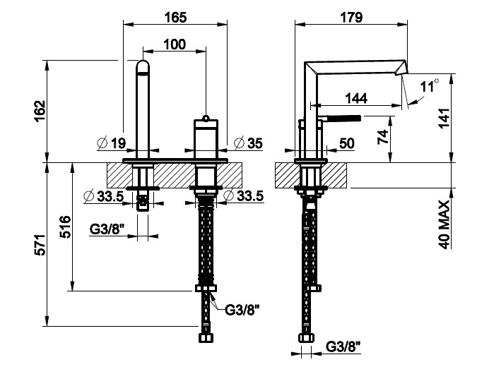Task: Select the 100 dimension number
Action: tap(174, 44)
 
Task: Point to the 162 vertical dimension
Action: tap(40, 112)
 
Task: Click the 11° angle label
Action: tap(429, 86)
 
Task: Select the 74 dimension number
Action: tap(383, 136)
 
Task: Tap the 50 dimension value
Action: tap(347, 143)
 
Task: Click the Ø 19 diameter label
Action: tap(112, 143)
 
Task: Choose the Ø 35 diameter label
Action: tap(248, 143)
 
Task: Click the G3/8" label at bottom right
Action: tap(344, 346)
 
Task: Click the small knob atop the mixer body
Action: tap(206, 116)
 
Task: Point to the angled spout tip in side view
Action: tap(403, 68)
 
